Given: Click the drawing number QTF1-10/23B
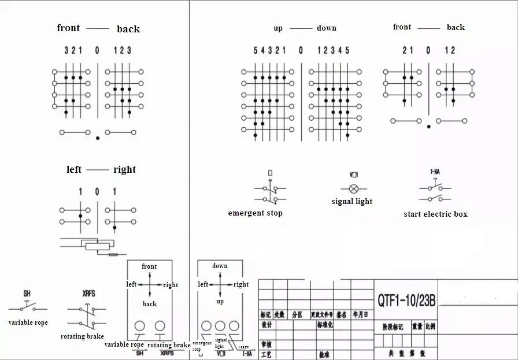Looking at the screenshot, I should point(406,300).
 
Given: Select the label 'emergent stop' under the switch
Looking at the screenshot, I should point(256,213).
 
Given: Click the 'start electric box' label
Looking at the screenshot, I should point(435,214).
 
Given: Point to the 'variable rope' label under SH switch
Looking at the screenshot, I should point(28,322).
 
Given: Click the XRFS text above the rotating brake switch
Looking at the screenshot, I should point(89,294).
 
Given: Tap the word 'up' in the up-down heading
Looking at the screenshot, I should point(278,28).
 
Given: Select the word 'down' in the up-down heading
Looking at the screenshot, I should point(326,28).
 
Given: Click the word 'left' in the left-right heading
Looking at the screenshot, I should point(74,169).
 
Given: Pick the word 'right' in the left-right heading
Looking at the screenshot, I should point(124,169).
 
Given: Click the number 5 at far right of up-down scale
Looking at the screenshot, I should point(347,50).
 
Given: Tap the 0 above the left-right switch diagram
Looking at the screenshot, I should point(97,191).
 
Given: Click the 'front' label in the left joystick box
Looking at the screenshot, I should point(149,266).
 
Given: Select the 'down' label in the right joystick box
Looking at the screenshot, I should point(220,266).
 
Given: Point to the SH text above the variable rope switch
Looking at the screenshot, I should point(27,294).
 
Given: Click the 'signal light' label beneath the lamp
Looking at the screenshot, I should point(351,201).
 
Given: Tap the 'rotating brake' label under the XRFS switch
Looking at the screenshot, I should point(82,336).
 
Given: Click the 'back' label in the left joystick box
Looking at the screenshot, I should point(150,304).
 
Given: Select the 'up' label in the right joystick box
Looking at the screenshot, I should point(220,302).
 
